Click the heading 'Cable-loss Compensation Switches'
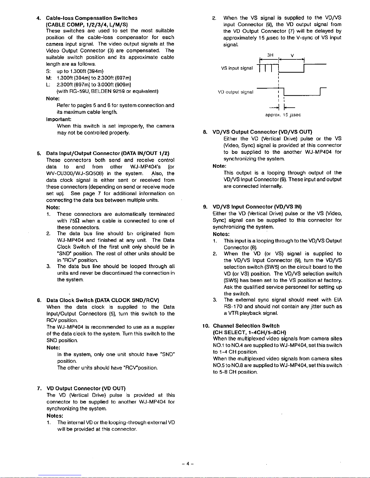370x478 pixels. [92, 18]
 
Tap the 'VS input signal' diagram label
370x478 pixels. [237, 68]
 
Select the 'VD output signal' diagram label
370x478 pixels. [236, 92]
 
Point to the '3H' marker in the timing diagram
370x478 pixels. [270, 55]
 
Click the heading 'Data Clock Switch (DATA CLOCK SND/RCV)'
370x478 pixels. [103, 300]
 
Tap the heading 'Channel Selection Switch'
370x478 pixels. [246, 326]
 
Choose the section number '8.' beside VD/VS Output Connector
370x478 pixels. [205, 132]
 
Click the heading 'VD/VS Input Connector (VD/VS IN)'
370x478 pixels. [257, 207]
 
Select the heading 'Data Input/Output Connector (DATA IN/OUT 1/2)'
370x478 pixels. [108, 153]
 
